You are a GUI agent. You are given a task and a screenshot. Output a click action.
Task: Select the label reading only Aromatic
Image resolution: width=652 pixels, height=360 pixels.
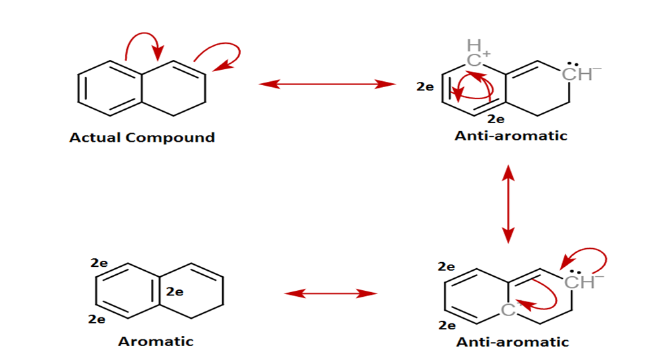[156, 341]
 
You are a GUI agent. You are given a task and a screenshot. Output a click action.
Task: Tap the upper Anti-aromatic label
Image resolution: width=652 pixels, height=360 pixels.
[511, 136]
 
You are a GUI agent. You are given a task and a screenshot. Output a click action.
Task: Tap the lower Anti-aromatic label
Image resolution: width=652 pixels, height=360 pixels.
[512, 342]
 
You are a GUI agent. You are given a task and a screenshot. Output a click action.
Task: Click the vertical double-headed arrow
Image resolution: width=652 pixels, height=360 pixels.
[508, 203]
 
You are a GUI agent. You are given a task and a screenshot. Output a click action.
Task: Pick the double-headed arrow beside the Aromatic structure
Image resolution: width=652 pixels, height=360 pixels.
[331, 293]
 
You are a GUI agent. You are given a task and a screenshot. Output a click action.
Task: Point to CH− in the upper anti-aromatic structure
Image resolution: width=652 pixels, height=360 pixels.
[576, 73]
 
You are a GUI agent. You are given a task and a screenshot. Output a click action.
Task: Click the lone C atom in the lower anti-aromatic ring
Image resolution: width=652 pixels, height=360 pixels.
[508, 309]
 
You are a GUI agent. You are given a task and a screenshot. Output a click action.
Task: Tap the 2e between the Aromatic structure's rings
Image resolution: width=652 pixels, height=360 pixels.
[174, 291]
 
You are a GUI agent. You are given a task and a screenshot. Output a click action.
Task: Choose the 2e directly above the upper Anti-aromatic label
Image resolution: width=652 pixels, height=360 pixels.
[496, 119]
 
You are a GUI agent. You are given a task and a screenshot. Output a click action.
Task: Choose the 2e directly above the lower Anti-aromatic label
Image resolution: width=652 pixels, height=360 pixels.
[447, 325]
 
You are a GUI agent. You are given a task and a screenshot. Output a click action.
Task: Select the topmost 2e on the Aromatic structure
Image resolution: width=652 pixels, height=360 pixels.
[99, 263]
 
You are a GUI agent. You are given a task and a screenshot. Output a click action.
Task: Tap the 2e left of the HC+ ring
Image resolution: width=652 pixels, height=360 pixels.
[425, 87]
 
